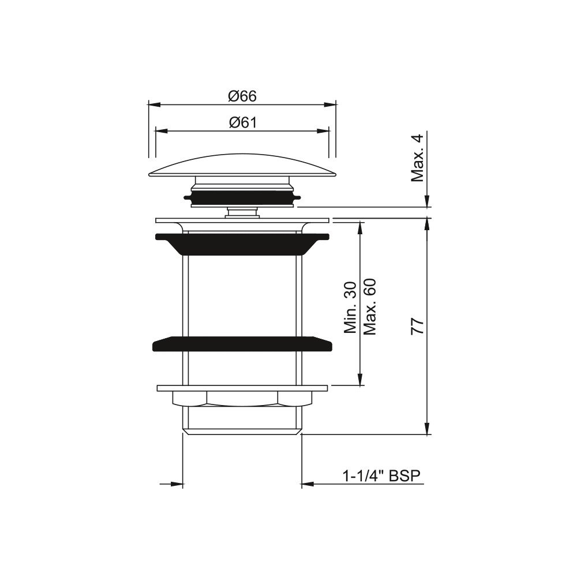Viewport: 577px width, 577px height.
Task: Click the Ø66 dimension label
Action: (242, 96)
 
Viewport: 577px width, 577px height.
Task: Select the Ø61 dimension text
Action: (242, 122)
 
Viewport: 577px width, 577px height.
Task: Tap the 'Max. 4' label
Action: (418, 158)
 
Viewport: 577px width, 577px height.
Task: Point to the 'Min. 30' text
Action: (350, 308)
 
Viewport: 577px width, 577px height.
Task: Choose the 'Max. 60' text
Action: (369, 306)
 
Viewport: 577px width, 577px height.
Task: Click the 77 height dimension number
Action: (418, 327)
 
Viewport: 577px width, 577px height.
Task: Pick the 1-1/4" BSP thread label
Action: (381, 476)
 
